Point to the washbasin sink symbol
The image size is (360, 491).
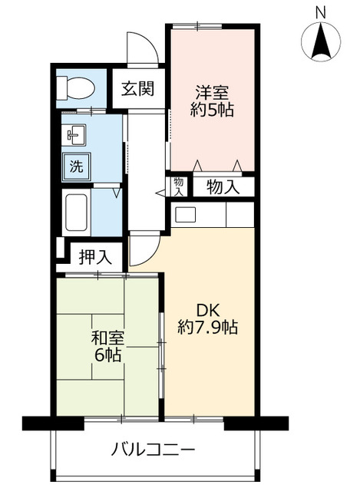(74, 137)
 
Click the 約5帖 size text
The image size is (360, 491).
(212, 109)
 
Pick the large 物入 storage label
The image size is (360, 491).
(223, 186)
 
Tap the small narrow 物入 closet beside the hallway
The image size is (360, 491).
(178, 186)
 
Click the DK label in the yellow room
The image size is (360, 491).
(210, 310)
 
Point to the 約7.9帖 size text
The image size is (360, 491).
(210, 328)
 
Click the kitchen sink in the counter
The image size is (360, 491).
(186, 214)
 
